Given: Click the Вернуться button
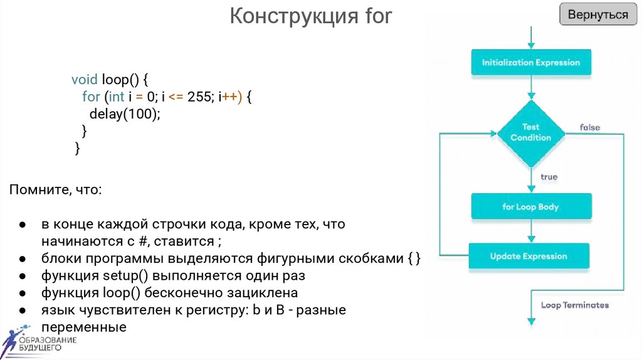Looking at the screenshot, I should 598,15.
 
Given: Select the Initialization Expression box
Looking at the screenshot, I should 530,63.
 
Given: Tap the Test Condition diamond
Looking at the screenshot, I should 530,132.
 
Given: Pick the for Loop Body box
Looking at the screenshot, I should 530,207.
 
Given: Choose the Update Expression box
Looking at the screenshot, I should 529,256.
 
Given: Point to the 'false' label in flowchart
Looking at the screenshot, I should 589,127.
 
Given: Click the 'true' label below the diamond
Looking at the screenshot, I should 549,177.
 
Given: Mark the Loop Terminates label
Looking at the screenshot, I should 574,305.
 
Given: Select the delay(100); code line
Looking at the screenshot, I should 125,114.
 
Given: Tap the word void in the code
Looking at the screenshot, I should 84,80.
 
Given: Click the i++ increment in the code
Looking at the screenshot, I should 228,97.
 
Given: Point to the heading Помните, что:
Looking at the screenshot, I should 54,189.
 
